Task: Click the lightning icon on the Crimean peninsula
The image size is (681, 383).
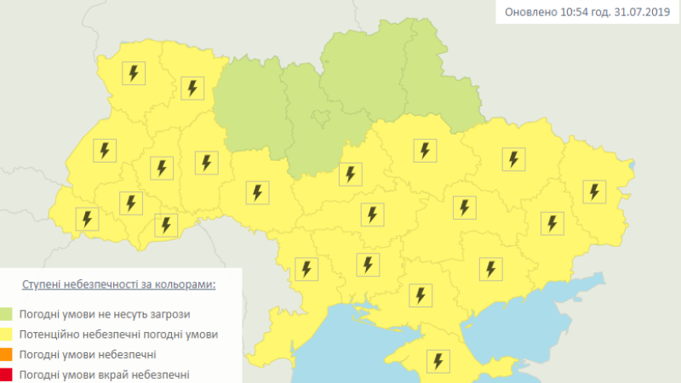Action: (438, 360)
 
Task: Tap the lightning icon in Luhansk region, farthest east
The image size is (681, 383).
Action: (593, 191)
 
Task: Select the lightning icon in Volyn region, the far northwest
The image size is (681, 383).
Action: (133, 72)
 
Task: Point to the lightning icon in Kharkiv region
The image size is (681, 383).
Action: (512, 158)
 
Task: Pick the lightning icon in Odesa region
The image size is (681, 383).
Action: (306, 269)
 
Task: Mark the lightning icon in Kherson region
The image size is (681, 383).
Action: (420, 294)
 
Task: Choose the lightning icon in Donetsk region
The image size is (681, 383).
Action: (552, 223)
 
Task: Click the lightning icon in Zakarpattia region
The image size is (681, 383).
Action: (86, 219)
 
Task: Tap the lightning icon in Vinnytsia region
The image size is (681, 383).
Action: (256, 192)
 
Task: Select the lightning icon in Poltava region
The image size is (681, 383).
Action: (424, 151)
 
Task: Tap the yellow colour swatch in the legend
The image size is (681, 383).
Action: (7, 334)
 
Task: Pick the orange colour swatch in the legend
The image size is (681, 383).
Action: (7, 354)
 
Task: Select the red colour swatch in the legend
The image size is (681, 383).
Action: (7, 374)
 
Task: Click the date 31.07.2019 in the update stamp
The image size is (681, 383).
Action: (641, 12)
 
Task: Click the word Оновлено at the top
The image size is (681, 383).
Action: (531, 12)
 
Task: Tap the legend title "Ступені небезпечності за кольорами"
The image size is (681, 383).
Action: (118, 284)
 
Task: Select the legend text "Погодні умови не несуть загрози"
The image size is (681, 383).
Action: (106, 314)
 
